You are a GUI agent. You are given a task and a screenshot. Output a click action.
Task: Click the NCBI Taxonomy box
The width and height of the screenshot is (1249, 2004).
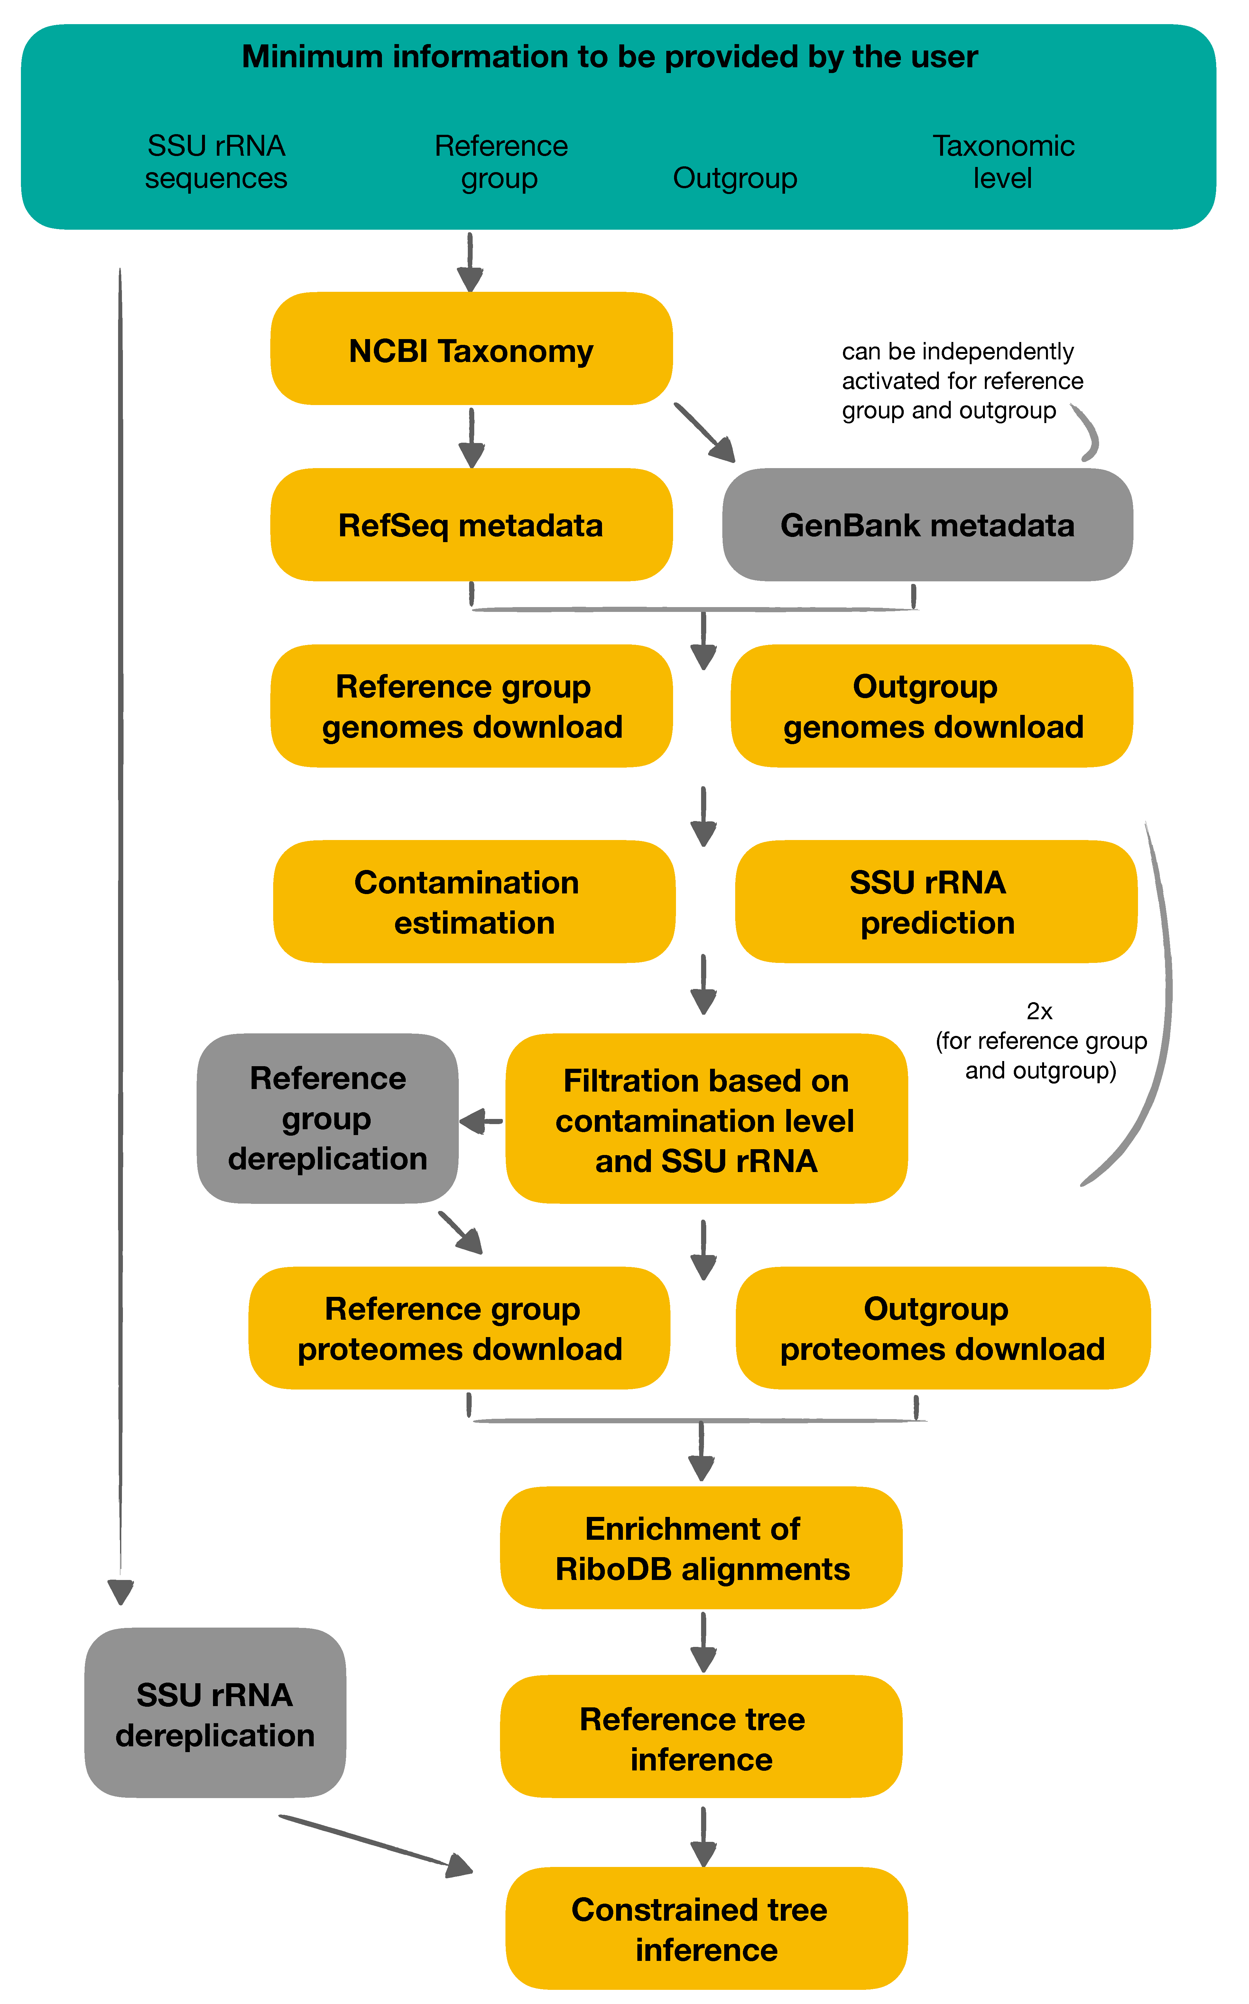[x=471, y=349]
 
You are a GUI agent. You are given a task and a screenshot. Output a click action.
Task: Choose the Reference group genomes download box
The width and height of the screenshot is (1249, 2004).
[x=471, y=706]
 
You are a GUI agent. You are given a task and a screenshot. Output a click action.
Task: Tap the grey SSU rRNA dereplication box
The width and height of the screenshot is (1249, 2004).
[x=215, y=1714]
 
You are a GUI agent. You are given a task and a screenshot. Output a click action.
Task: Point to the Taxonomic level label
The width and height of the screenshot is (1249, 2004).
[x=1003, y=162]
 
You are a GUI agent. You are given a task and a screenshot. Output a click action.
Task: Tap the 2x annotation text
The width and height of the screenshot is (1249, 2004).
[x=1039, y=1011]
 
